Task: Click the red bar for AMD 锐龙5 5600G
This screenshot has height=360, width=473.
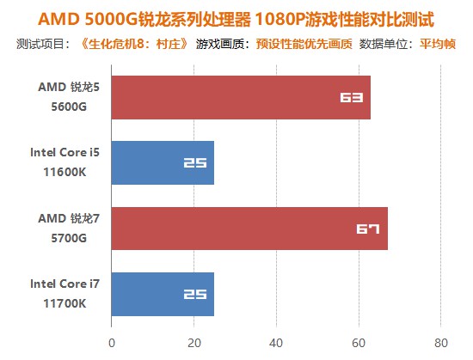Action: (x=241, y=97)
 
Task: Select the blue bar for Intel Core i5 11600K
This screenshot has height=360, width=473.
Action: (x=163, y=162)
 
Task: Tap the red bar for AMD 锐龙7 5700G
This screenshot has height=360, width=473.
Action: (x=249, y=229)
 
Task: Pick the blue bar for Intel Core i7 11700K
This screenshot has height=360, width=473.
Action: (x=163, y=294)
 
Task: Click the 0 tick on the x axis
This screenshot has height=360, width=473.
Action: (x=112, y=342)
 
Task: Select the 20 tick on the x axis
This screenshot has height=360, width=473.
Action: (x=193, y=342)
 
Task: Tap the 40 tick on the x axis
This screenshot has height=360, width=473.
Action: (x=276, y=342)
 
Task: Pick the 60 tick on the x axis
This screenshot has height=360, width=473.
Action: (x=359, y=342)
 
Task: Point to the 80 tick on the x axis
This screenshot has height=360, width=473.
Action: (x=440, y=342)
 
